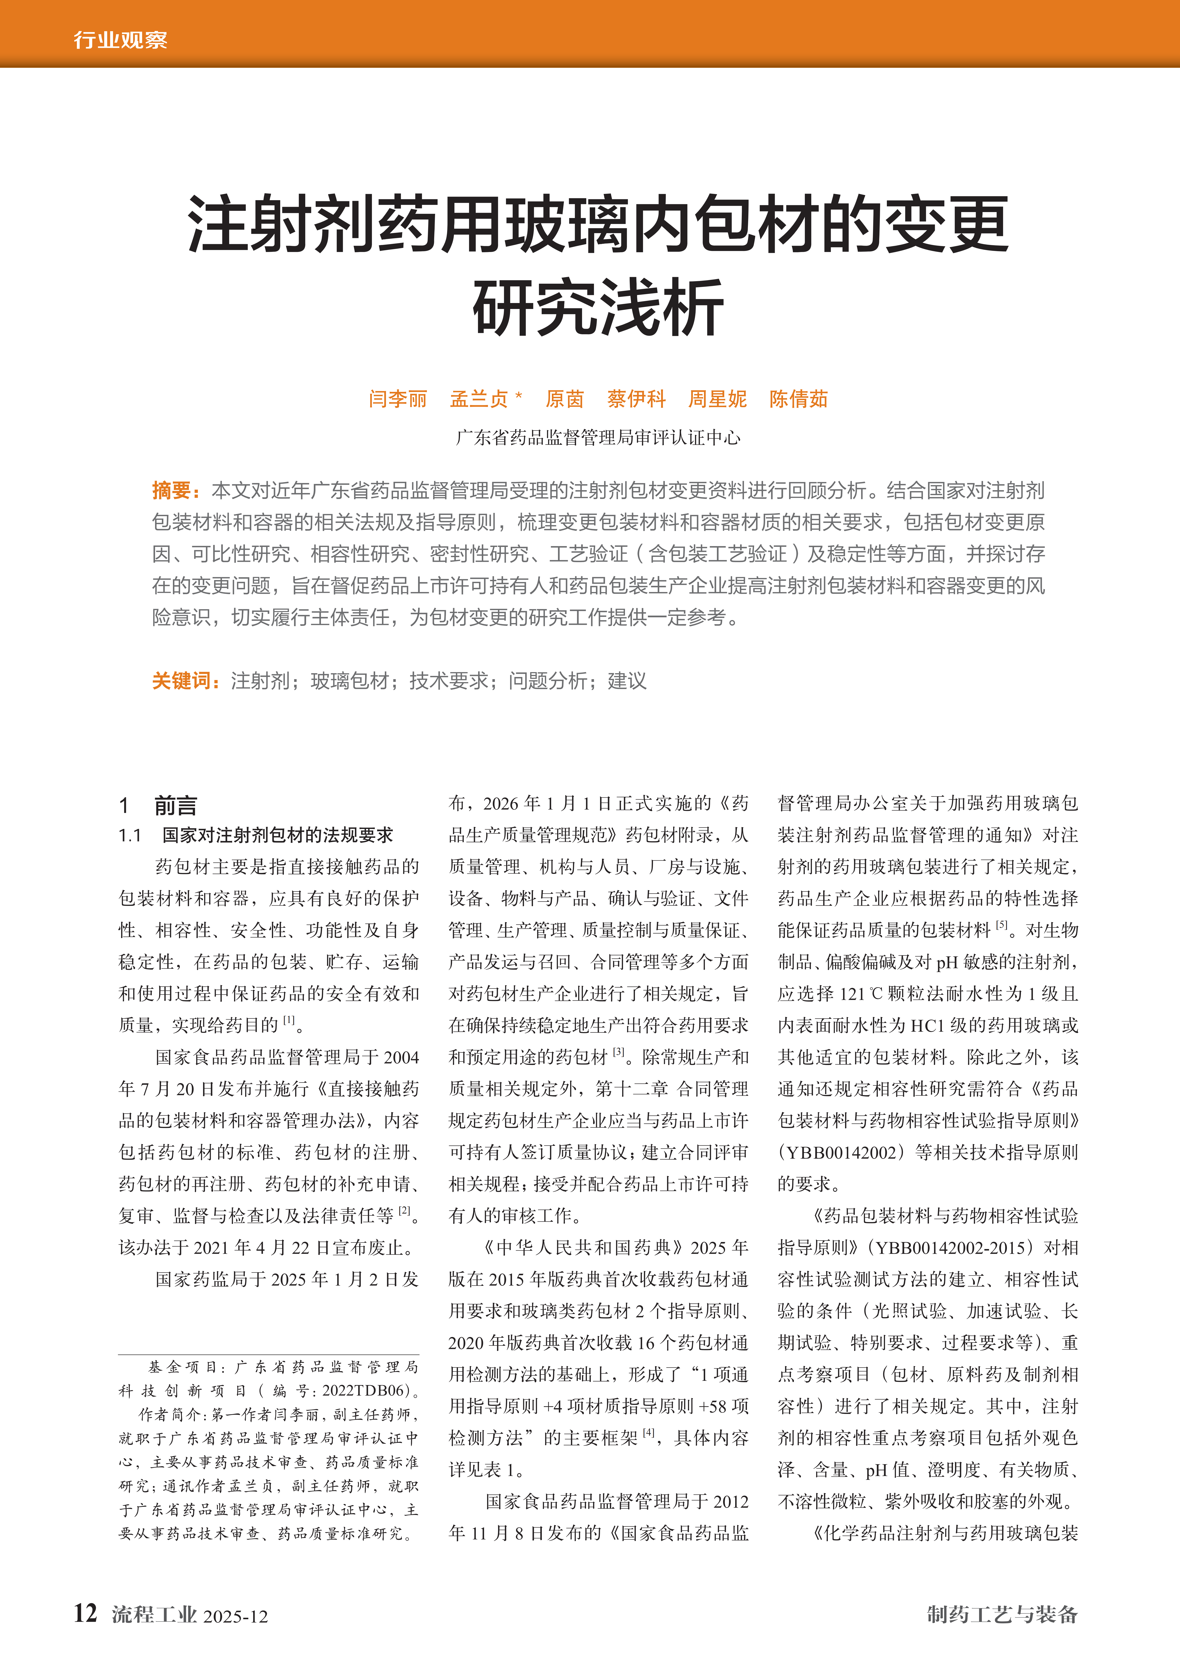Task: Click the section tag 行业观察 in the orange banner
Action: [120, 40]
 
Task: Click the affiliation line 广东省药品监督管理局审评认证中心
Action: [598, 437]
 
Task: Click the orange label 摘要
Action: [172, 490]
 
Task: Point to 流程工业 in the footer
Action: [154, 1615]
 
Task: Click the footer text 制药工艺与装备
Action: [1002, 1615]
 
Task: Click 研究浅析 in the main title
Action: [598, 308]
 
